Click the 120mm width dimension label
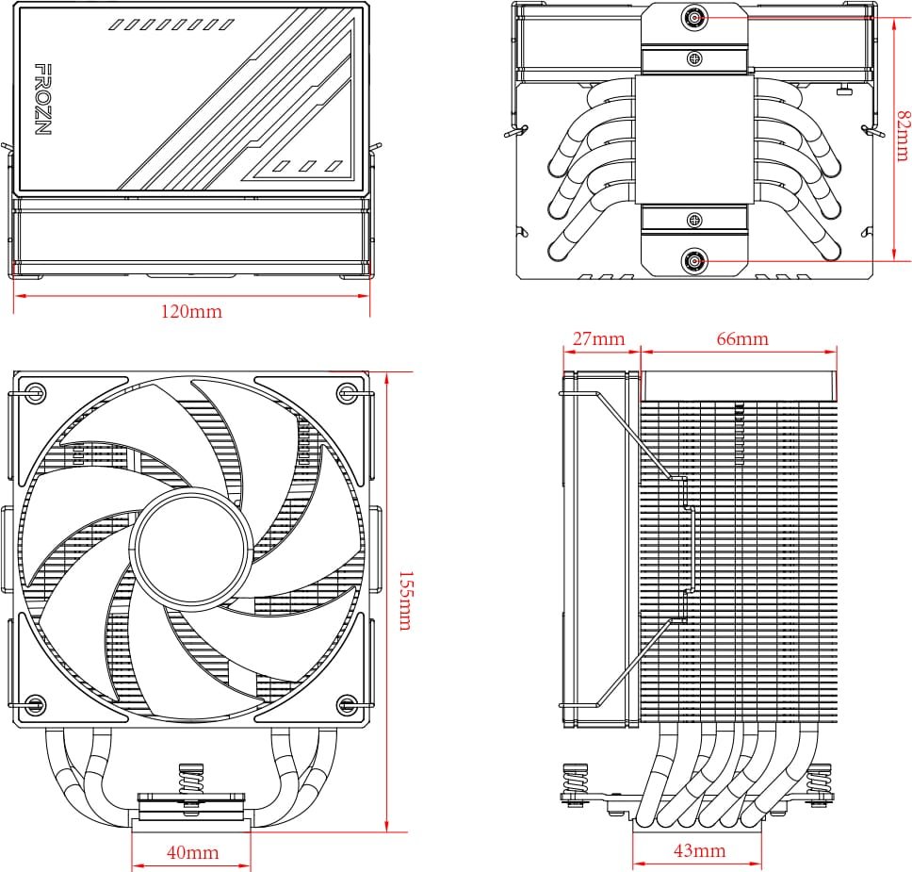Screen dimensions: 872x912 pyautogui.click(x=192, y=312)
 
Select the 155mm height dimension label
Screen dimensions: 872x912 pyautogui.click(x=404, y=601)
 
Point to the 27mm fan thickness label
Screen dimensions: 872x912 pyautogui.click(x=597, y=338)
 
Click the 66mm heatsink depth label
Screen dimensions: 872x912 pyautogui.click(x=742, y=338)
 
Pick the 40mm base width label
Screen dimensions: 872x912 pyautogui.click(x=192, y=853)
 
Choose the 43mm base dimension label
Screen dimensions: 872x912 pyautogui.click(x=699, y=851)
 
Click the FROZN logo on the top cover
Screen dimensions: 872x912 pyautogui.click(x=42, y=99)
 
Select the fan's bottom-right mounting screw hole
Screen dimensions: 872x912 pyautogui.click(x=348, y=703)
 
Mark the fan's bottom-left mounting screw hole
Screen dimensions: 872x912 pyautogui.click(x=36, y=703)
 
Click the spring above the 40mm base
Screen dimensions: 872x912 pyautogui.click(x=192, y=782)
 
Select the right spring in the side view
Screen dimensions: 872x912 pyautogui.click(x=820, y=782)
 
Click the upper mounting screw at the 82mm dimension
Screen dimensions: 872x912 pyautogui.click(x=695, y=17)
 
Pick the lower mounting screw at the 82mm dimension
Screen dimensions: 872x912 pyautogui.click(x=695, y=260)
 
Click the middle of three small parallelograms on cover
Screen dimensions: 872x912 pyautogui.click(x=307, y=167)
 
